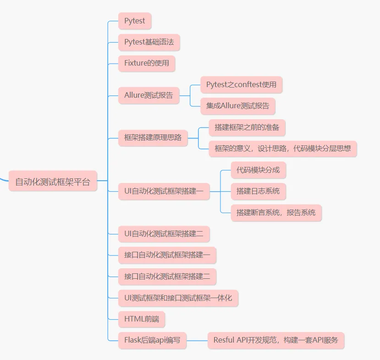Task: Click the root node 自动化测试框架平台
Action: (x=53, y=181)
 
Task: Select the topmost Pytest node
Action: (x=135, y=21)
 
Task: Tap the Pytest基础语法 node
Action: (x=149, y=42)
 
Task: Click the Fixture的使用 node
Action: (x=147, y=63)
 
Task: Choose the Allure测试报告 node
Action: (x=149, y=95)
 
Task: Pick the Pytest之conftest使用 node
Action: (x=242, y=85)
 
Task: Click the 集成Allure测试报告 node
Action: (x=238, y=106)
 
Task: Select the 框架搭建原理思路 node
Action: (x=153, y=137)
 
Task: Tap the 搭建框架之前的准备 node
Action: (x=247, y=127)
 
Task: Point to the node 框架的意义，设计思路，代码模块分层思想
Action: (x=283, y=149)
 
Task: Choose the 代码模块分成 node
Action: (x=259, y=170)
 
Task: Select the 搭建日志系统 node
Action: (x=258, y=191)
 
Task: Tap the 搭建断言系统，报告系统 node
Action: (x=276, y=212)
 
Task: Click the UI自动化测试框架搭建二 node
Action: (x=164, y=234)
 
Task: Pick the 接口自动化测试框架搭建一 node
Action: (x=167, y=255)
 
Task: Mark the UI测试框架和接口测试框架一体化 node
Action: (x=178, y=298)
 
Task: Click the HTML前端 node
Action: (x=142, y=319)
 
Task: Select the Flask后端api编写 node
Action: (x=153, y=340)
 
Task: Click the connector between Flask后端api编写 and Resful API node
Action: (x=197, y=340)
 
